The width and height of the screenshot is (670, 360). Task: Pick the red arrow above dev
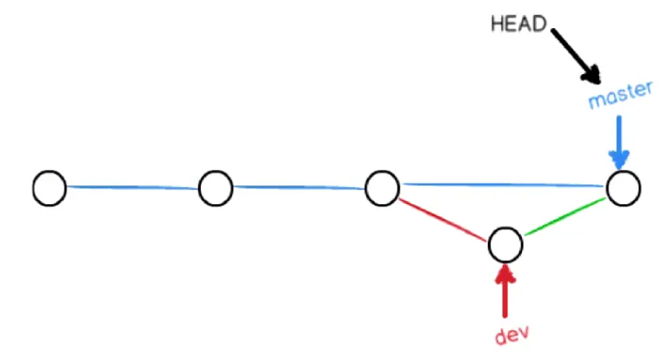[x=506, y=288]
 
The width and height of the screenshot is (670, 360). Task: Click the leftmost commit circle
[x=49, y=189]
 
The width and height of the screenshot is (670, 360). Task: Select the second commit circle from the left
[x=216, y=189]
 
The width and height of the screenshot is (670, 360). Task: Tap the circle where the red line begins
[x=383, y=189]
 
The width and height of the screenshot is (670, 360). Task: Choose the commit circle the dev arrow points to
[x=505, y=245]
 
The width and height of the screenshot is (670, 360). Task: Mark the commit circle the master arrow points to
[x=623, y=189]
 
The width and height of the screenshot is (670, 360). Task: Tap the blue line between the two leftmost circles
[x=132, y=187]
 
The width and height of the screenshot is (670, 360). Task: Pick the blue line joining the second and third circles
[x=299, y=187]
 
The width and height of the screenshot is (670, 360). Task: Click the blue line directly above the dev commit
[x=505, y=185]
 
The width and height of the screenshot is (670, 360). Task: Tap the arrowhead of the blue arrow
[x=620, y=161]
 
